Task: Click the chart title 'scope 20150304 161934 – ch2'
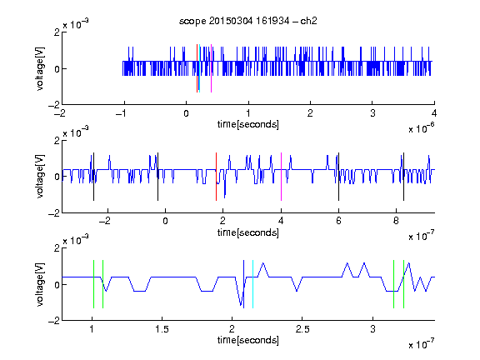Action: (x=248, y=21)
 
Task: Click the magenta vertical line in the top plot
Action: (x=211, y=68)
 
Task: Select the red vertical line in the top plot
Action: (x=197, y=68)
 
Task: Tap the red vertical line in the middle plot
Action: (x=216, y=177)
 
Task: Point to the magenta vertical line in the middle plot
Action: (x=281, y=177)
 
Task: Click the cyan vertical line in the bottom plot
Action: (x=252, y=284)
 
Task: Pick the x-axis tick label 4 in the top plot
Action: (x=434, y=113)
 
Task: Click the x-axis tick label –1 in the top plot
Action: (x=121, y=113)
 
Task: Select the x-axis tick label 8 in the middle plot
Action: (x=396, y=221)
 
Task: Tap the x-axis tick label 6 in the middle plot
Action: (x=338, y=221)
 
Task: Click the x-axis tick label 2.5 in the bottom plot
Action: (x=302, y=329)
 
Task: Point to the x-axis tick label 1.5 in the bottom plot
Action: (x=162, y=329)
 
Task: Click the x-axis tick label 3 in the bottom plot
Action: (x=372, y=329)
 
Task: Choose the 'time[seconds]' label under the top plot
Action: (x=248, y=124)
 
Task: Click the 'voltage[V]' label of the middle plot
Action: (x=40, y=177)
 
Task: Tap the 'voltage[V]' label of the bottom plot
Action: (x=40, y=284)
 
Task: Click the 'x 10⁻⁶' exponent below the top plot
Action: (x=421, y=127)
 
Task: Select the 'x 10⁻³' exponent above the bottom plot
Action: (x=76, y=240)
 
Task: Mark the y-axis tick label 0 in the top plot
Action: (x=57, y=69)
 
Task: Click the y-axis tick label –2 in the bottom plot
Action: (x=54, y=321)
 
